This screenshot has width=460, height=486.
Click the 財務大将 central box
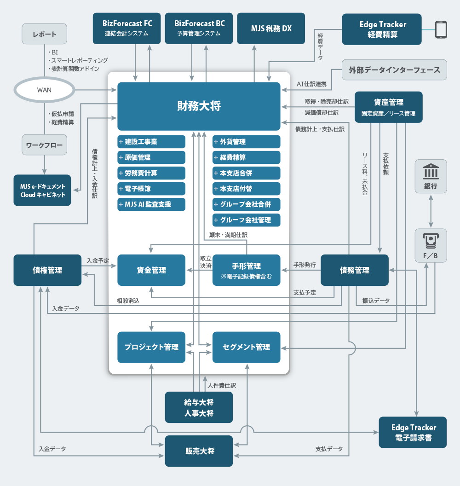(x=199, y=106)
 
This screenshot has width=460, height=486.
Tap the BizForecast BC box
(x=199, y=28)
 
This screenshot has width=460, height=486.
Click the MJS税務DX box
(x=271, y=28)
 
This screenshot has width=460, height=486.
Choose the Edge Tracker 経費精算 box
(x=382, y=29)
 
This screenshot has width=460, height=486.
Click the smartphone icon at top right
(x=441, y=29)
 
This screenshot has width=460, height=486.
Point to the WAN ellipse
(x=44, y=90)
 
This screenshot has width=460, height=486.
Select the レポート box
(x=45, y=35)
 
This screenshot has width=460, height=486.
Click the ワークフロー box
(x=44, y=145)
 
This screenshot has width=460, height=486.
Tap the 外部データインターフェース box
(x=394, y=70)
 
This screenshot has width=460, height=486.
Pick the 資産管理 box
(x=388, y=107)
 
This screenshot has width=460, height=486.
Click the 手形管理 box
(x=247, y=270)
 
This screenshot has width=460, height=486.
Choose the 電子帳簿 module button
(x=151, y=188)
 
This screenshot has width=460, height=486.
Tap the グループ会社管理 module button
(x=247, y=220)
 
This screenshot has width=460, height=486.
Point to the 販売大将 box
(x=199, y=451)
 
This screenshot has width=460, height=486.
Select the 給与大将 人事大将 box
(x=199, y=407)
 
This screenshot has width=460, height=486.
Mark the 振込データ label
(x=376, y=301)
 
